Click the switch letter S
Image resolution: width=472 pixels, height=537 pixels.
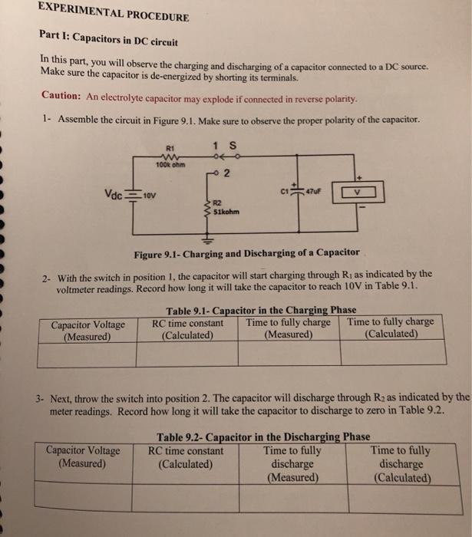[x=232, y=147]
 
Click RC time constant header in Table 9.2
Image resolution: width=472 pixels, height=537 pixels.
[x=185, y=457]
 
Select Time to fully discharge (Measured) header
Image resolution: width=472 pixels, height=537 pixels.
[x=292, y=464]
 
